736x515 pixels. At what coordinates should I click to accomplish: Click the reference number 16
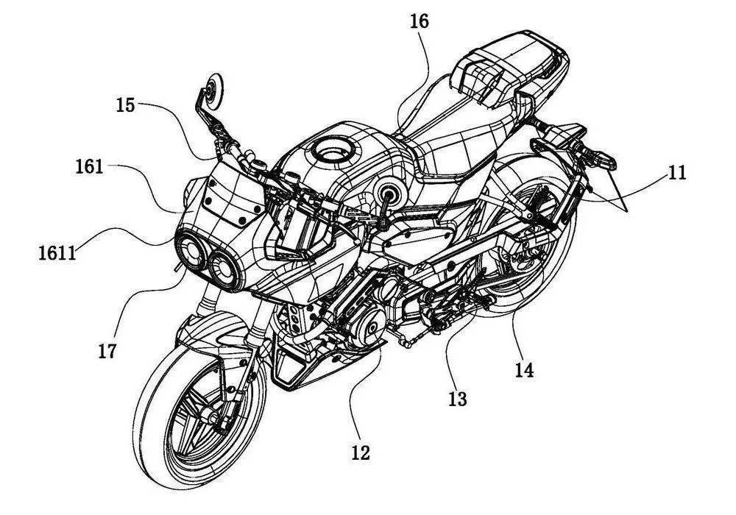[x=418, y=22]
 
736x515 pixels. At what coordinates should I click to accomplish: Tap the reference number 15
[x=126, y=104]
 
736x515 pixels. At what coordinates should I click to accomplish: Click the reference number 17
[x=107, y=351]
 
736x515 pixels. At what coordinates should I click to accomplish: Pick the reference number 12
[x=361, y=452]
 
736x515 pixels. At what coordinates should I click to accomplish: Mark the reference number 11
[x=676, y=173]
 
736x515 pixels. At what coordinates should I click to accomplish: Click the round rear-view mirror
[x=213, y=86]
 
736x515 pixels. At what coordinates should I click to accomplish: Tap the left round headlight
[x=190, y=252]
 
